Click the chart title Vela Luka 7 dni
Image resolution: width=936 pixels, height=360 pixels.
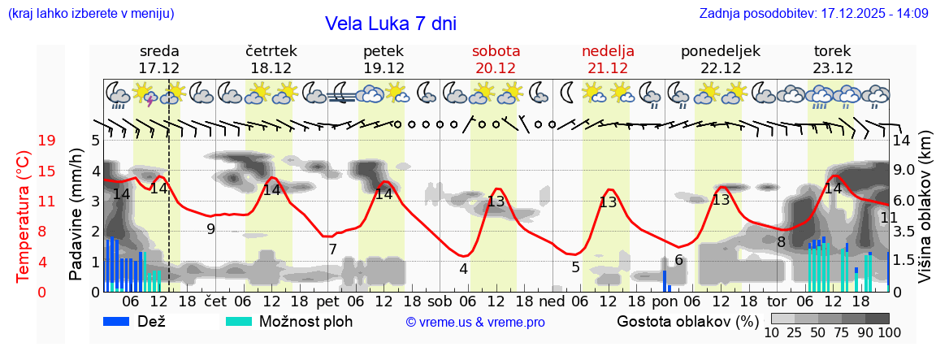391,24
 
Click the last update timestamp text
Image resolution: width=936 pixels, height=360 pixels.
813,14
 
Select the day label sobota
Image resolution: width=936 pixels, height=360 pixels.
496,51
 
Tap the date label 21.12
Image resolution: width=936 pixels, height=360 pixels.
608,68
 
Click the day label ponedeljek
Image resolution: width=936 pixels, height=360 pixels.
721,51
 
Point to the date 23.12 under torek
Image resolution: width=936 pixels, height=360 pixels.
833,68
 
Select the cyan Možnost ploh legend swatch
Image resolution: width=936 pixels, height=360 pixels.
240,321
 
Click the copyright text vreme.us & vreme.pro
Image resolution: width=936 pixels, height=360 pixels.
475,322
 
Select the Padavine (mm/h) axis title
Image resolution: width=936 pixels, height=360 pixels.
76,215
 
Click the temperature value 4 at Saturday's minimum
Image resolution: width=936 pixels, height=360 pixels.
463,268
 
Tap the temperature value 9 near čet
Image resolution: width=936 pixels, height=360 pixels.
210,229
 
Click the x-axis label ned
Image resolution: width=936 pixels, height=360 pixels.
552,301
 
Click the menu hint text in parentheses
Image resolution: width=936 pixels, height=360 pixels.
90,14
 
